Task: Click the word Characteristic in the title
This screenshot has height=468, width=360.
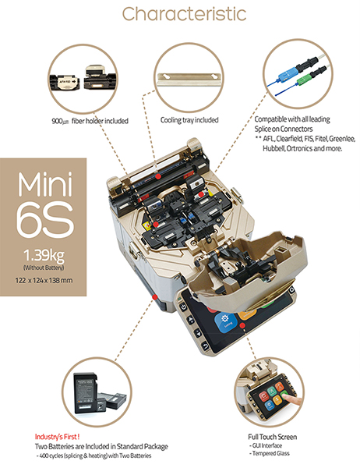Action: [180, 14]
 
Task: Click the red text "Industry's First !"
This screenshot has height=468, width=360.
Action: [56, 437]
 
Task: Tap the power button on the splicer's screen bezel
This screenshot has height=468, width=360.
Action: [184, 307]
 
